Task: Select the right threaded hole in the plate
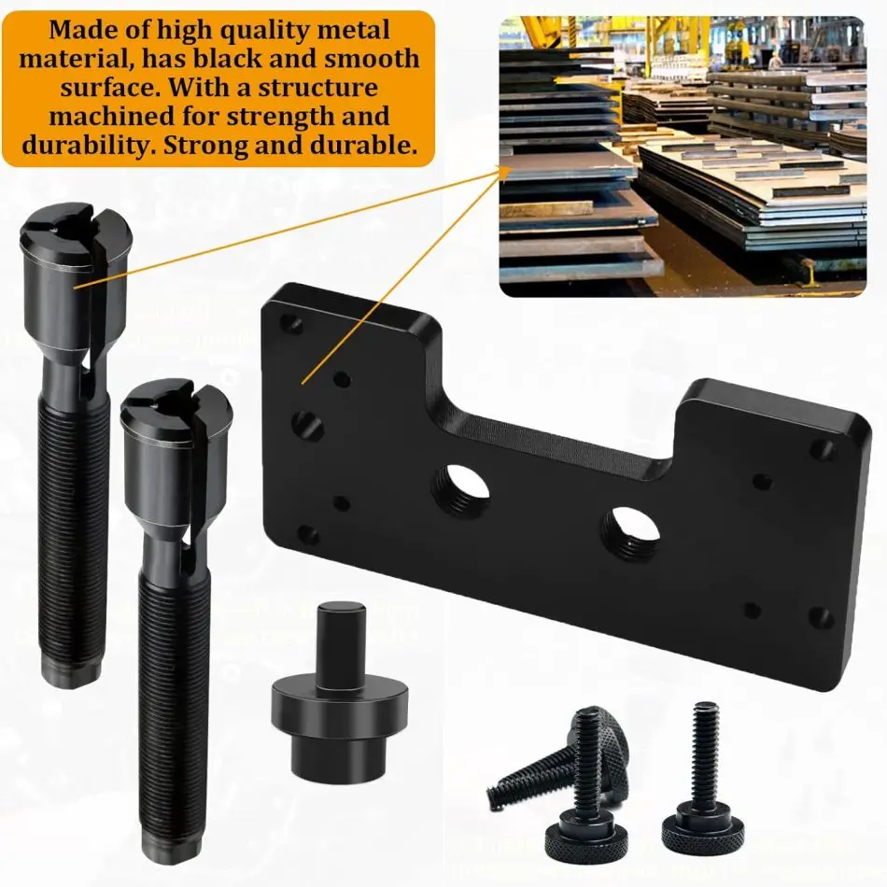coord(630,530)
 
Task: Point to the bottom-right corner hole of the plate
coord(821,618)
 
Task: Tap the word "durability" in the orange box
coord(81,147)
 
